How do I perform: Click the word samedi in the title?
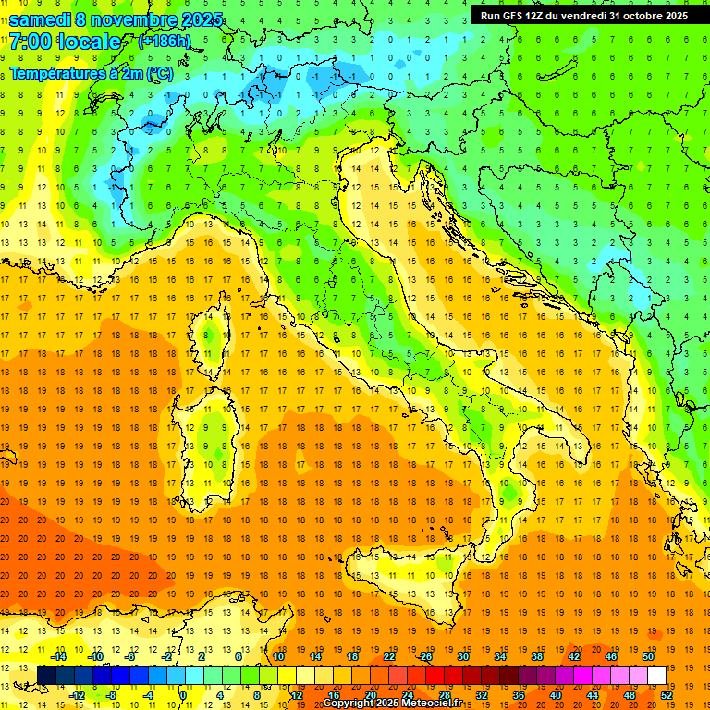point(43,19)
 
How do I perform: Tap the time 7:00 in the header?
point(31,43)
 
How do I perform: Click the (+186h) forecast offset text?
point(165,42)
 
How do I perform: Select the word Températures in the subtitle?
point(54,72)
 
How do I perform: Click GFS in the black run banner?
point(518,16)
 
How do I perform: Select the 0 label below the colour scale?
point(183,695)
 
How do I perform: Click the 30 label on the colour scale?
point(462,656)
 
